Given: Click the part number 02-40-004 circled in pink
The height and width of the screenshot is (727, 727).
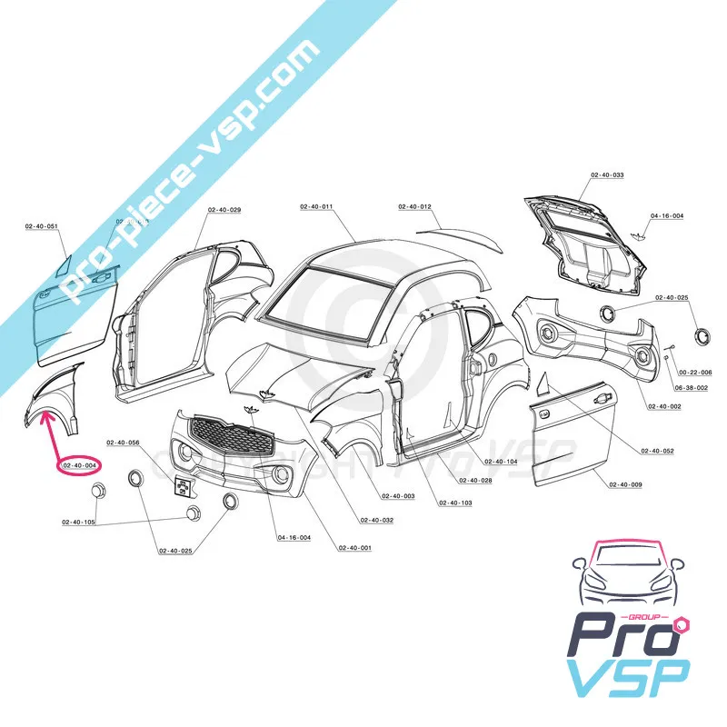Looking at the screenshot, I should point(80,465).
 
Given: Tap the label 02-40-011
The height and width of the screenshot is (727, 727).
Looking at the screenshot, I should point(316,207).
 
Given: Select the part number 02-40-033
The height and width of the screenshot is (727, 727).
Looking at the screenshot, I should point(607,174).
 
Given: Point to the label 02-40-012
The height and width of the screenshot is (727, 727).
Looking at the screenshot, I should point(414,207).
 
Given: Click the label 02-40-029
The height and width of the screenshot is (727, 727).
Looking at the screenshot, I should point(224,210).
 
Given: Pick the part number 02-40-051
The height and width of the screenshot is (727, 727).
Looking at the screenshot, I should point(41,225).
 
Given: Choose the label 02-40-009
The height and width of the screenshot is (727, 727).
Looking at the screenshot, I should point(625,484).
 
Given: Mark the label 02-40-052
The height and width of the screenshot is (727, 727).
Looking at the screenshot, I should point(657,452).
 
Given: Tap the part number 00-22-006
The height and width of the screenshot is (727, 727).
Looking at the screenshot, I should point(695,373).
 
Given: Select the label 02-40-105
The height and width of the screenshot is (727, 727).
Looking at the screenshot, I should point(78,523).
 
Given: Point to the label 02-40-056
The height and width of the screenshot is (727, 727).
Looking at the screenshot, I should point(123,443).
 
